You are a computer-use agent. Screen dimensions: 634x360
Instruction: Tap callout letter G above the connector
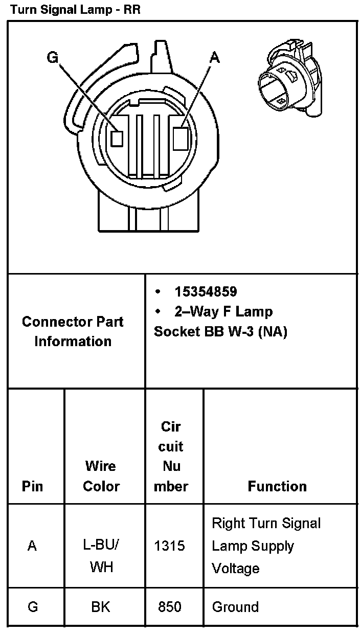click(52, 57)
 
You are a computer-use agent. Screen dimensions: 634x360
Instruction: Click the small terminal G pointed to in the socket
click(118, 139)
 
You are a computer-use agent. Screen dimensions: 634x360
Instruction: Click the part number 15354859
click(206, 291)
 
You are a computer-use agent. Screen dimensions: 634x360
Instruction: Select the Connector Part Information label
click(73, 331)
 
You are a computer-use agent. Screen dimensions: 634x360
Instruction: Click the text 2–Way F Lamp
click(223, 311)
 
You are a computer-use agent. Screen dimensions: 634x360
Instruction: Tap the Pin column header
click(32, 486)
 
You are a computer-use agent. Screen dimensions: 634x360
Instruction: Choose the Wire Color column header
click(101, 475)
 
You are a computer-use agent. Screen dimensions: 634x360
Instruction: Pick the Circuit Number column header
click(171, 456)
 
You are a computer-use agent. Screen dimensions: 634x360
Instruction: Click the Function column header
click(277, 486)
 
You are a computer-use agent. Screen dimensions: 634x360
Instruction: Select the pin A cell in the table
click(32, 546)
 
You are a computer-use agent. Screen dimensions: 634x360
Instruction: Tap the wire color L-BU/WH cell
click(101, 556)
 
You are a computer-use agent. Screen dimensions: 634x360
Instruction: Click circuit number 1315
click(169, 546)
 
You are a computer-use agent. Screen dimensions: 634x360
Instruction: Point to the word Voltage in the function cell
click(235, 568)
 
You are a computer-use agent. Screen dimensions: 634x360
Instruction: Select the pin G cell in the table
click(32, 607)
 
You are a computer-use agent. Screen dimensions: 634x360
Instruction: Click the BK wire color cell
click(101, 607)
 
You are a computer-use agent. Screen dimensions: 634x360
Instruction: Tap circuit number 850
click(169, 607)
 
